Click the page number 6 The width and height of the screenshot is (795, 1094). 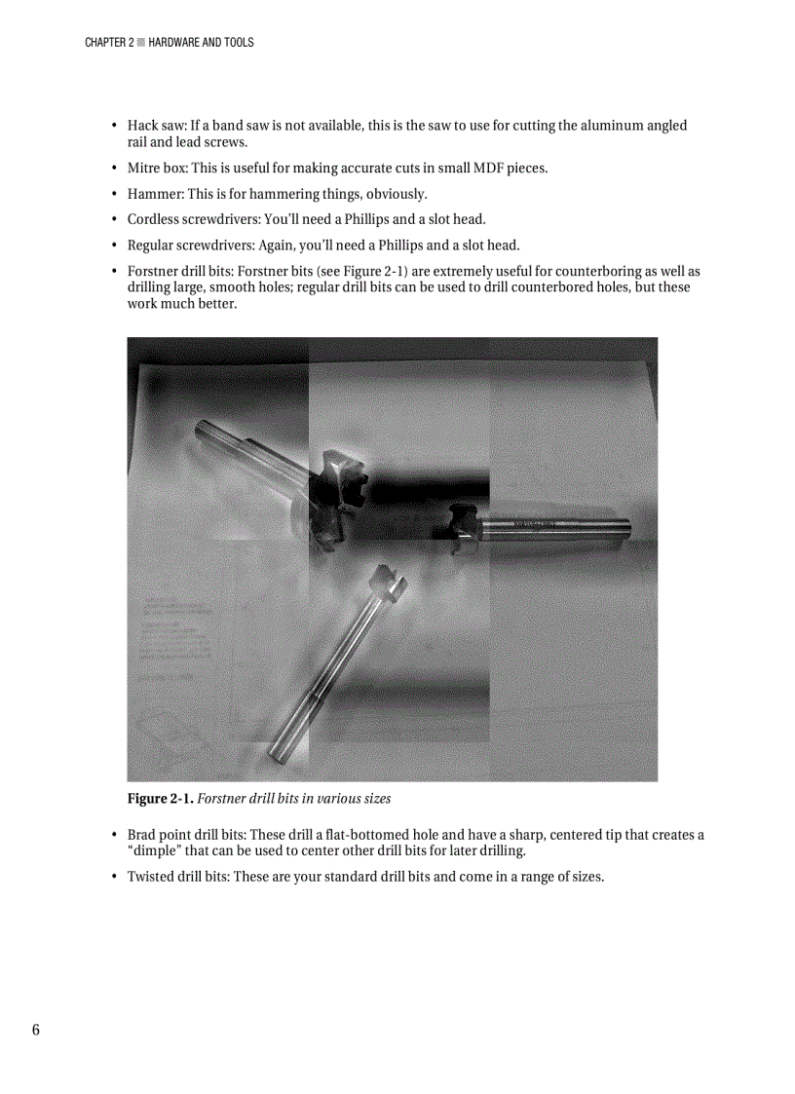36,1031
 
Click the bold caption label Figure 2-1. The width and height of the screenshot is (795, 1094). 160,799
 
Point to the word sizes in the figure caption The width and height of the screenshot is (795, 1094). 375,799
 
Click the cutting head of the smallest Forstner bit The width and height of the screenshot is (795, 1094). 388,585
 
